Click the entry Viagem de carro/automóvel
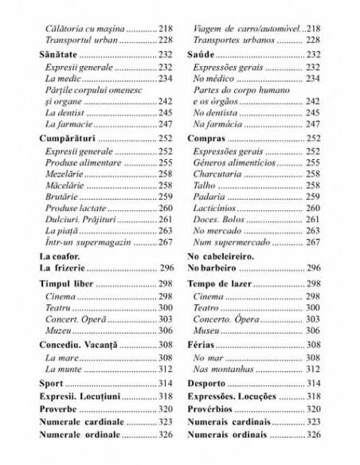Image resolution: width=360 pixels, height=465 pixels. [x=247, y=27]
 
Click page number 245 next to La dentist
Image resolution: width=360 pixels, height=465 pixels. [x=166, y=112]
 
